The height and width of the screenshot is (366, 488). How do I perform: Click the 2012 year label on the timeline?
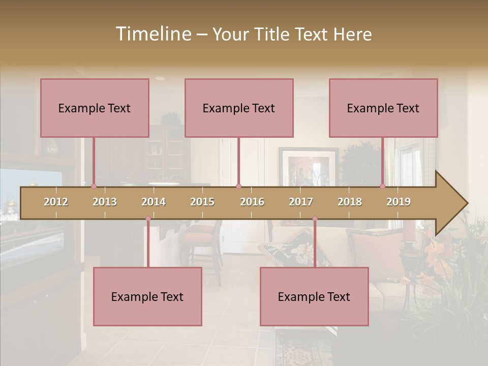[x=56, y=202]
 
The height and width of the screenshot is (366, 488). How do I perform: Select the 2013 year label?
[x=105, y=202]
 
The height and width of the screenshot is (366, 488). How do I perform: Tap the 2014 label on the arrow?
[x=154, y=202]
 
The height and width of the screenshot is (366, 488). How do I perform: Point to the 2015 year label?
[x=202, y=202]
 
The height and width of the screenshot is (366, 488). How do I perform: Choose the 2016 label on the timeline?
[x=252, y=202]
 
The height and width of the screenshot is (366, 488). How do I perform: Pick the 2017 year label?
[x=301, y=202]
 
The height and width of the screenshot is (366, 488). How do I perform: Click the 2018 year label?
[x=350, y=202]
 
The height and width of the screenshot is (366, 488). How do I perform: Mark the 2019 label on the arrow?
[x=399, y=202]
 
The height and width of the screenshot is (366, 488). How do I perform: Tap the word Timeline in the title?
[x=153, y=34]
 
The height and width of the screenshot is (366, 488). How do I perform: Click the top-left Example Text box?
[x=95, y=108]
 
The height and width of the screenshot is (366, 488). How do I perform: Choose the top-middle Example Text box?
[x=239, y=108]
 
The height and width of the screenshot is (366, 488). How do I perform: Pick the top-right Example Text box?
[x=383, y=108]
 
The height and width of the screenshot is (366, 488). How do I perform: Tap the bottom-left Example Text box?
[x=147, y=296]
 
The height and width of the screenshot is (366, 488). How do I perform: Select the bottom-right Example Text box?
[x=314, y=296]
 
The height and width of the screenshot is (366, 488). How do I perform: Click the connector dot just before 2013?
[x=94, y=187]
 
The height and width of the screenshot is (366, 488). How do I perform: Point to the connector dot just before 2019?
[x=382, y=187]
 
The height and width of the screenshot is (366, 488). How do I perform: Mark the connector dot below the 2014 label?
[x=148, y=219]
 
